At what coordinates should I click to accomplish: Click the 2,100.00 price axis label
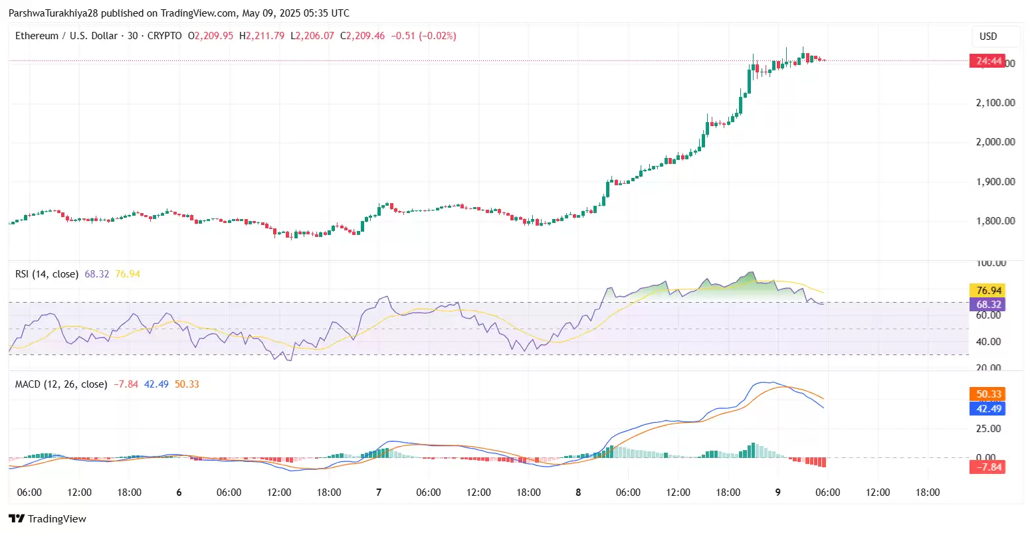tap(995, 103)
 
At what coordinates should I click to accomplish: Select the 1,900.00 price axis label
tap(995, 182)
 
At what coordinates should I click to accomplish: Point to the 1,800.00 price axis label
tap(995, 221)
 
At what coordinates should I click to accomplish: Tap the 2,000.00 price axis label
tap(995, 142)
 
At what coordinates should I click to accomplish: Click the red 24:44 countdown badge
tap(987, 62)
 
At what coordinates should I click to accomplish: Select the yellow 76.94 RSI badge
tap(987, 291)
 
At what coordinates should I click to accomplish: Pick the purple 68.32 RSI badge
tap(987, 305)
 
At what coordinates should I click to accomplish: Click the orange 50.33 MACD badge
tap(987, 394)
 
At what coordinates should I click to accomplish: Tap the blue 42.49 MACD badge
tap(987, 409)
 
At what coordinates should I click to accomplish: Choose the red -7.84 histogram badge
tap(987, 467)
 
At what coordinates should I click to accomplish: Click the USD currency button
tap(988, 37)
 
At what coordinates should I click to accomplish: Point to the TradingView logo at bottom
tap(47, 519)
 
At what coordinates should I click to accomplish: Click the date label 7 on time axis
tap(379, 493)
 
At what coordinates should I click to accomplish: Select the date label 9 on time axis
tap(778, 493)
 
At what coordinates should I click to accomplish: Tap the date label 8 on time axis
tap(578, 493)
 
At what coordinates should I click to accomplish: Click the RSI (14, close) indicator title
tap(47, 274)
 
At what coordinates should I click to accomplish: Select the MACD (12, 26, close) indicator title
tap(61, 384)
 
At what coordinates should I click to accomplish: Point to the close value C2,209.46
tap(362, 36)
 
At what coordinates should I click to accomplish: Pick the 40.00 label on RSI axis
tap(988, 342)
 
